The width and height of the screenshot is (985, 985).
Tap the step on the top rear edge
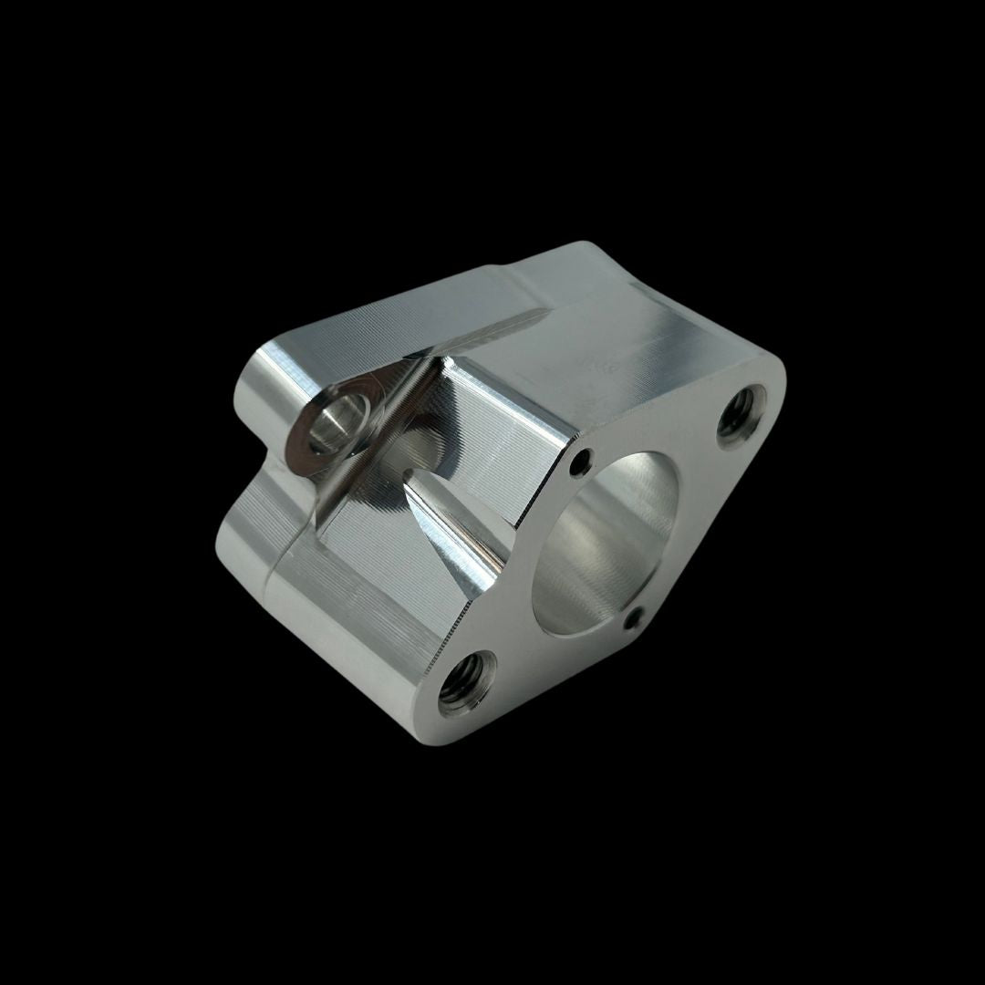coord(529,264)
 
